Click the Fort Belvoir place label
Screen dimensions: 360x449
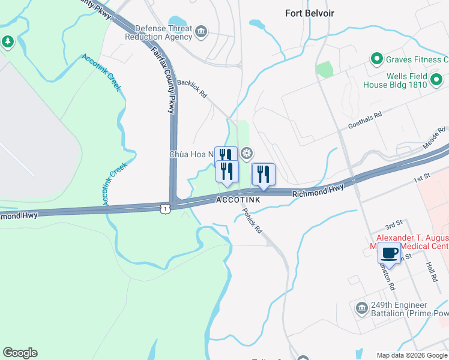coord(310,13)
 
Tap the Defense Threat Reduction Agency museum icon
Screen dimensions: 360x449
coord(201,31)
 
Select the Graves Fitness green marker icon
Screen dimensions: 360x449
coord(376,59)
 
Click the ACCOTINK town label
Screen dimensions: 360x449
coord(238,200)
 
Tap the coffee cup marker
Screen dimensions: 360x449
coord(389,253)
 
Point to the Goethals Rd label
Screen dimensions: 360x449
coord(365,120)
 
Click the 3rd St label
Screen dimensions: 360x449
coord(393,226)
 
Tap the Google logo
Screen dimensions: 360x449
coord(20,353)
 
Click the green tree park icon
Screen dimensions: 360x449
coord(7,42)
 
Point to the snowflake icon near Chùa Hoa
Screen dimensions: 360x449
coord(246,154)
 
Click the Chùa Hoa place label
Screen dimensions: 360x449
coord(191,154)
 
